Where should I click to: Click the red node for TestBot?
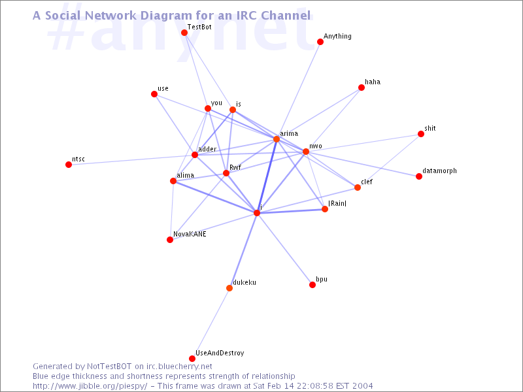coord(184,32)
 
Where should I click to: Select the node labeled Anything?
coord(320,42)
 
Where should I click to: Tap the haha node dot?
coord(362,88)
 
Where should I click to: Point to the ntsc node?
coord(69,165)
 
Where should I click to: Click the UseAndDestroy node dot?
coord(192,359)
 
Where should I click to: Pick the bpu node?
coord(312,285)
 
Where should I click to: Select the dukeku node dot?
coord(229,288)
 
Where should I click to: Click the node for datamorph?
coord(419,176)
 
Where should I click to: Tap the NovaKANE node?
coord(170,240)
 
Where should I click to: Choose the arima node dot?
coord(276,139)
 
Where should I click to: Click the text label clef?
coord(367,182)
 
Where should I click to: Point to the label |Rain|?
coord(337,203)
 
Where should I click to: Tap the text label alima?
coord(185,175)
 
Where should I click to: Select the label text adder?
coord(207,149)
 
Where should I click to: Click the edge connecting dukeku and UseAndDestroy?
coord(211,323)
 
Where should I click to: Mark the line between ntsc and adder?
coord(132,159)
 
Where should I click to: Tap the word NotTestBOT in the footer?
coord(109,367)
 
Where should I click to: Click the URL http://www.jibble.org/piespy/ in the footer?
coord(90,386)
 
